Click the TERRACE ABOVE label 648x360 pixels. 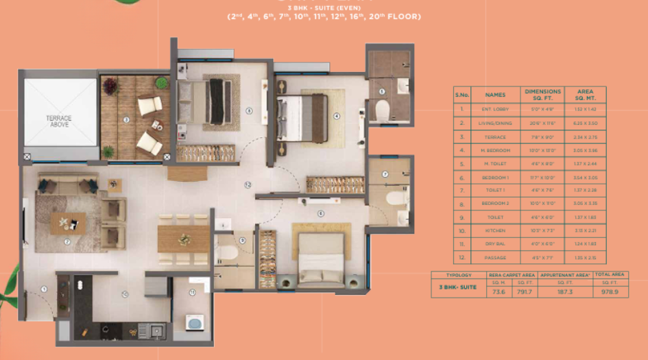click(x=59, y=121)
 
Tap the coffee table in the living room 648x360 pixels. click(x=68, y=222)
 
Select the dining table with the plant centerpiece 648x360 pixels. click(x=183, y=239)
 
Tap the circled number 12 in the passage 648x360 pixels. click(x=248, y=184)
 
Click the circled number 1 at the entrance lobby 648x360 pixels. click(x=43, y=289)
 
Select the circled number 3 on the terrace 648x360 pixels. click(x=126, y=119)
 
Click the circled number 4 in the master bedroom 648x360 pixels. click(x=336, y=116)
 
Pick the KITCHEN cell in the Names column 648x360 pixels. click(x=494, y=231)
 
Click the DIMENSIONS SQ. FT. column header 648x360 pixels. click(x=542, y=94)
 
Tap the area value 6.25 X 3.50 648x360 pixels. click(x=585, y=123)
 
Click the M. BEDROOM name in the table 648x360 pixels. click(x=494, y=150)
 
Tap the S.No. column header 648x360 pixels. click(x=462, y=94)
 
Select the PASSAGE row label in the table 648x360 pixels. click(x=494, y=258)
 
